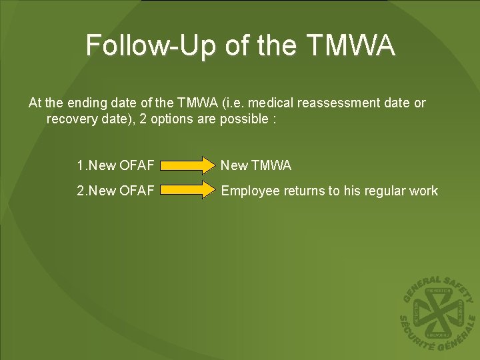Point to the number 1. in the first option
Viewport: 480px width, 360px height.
81,165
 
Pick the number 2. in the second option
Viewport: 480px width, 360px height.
81,191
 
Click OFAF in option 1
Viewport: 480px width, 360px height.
137,165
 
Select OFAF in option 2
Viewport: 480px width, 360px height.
137,191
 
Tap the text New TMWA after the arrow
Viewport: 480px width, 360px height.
256,165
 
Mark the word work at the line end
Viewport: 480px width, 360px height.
424,191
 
